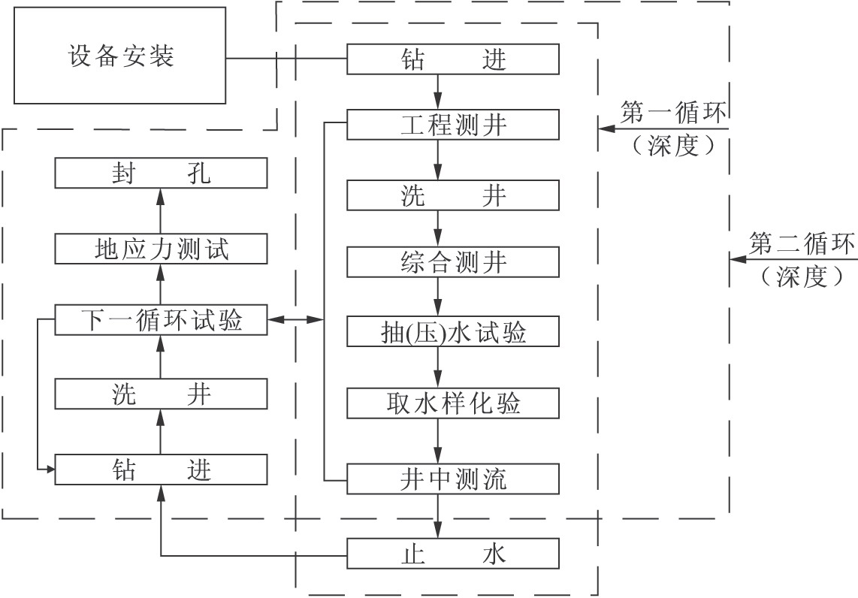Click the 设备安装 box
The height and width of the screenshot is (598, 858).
120,56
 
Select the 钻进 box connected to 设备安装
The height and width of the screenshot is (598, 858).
453,59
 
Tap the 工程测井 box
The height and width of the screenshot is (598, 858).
453,125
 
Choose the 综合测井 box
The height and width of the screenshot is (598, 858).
453,262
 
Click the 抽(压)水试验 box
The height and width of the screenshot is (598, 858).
453,331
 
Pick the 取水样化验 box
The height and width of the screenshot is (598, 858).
453,403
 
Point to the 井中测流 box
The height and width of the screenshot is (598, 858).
453,479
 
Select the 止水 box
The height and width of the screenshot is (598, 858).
453,554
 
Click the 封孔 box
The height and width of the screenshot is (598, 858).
161,173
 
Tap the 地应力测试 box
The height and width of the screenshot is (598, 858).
161,249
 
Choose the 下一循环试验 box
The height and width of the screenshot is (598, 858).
161,319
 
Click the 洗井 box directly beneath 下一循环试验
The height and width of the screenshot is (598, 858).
161,394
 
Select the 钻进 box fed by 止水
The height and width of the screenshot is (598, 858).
161,470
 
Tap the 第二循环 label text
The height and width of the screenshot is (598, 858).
801,243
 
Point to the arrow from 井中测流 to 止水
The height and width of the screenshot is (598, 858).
438,516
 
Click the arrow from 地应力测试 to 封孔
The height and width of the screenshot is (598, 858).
161,210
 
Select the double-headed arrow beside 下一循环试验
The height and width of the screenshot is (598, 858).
295,319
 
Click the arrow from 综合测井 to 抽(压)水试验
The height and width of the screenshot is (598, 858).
438,297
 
